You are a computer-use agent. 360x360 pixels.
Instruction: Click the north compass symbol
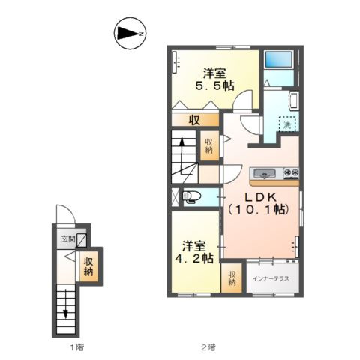pos(130,33)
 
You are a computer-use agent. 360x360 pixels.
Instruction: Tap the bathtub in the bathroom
pos(279,59)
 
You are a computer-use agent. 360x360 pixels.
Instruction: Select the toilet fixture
pos(192,196)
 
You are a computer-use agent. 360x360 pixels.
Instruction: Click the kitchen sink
pos(265,173)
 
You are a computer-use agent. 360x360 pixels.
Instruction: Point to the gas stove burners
pos(291,173)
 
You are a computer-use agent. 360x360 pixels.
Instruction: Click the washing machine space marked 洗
pos(287,124)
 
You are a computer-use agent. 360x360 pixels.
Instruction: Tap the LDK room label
pos(259,203)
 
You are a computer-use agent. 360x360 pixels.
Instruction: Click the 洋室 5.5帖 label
pos(214,79)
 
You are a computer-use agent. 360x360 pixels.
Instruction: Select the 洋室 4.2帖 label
pos(194,252)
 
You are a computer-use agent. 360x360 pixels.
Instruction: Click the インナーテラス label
pos(271,278)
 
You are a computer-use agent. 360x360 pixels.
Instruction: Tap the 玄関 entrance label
pos(68,239)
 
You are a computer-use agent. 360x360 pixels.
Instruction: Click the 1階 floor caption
pos(76,347)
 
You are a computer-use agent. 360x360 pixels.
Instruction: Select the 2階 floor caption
pos(208,347)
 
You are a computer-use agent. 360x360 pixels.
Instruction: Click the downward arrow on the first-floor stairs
pos(66,304)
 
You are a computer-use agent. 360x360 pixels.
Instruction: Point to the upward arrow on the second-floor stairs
pos(182,155)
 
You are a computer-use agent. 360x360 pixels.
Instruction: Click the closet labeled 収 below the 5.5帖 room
pos(195,120)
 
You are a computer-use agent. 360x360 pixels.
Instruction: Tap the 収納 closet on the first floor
pos(88,266)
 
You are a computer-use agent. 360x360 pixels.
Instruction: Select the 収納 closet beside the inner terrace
pos(232,277)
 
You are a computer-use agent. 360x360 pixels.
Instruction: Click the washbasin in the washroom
pos(293,101)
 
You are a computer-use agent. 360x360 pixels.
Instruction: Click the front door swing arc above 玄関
pos(65,214)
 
